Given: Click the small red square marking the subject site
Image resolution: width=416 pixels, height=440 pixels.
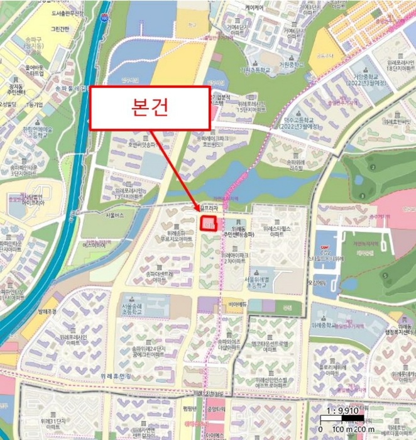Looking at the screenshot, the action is [209, 223].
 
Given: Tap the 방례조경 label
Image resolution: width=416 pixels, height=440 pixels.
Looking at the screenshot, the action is [47, 312].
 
